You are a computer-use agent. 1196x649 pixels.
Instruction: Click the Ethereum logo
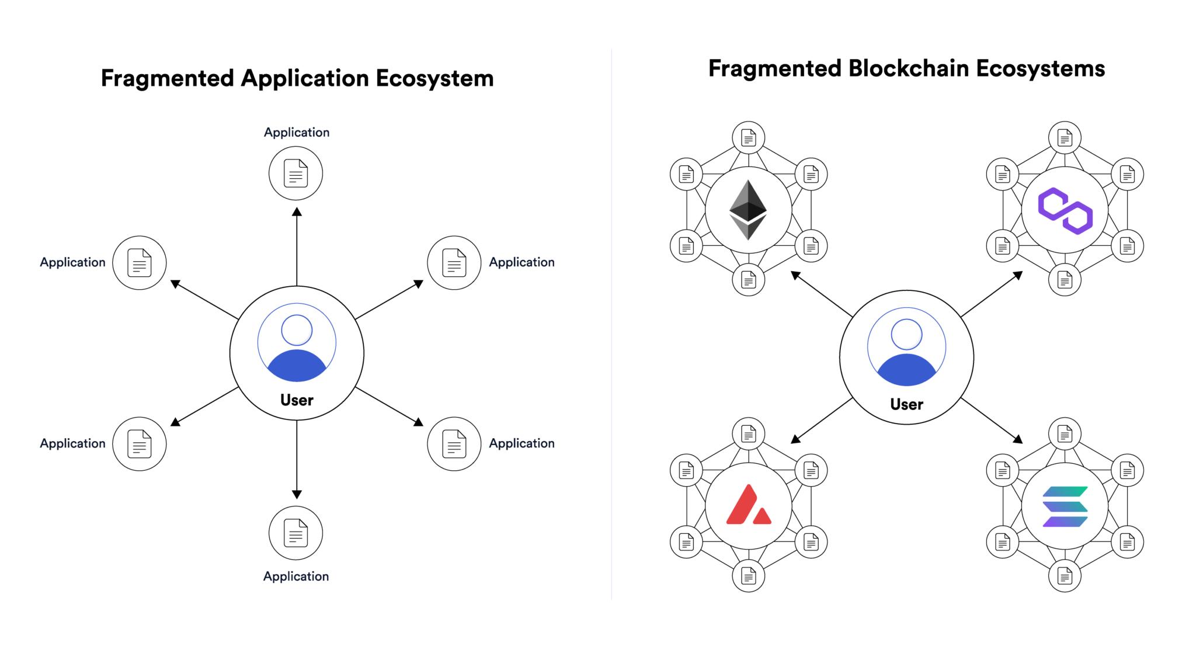point(748,210)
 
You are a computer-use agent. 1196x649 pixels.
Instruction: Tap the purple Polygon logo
point(1065,210)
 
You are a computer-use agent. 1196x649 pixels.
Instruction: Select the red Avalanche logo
point(748,505)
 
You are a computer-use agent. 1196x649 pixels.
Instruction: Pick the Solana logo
point(1065,506)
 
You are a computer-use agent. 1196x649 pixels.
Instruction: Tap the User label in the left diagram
point(297,400)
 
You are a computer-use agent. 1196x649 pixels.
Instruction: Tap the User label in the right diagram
point(906,404)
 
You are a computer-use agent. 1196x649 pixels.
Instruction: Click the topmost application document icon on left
point(295,173)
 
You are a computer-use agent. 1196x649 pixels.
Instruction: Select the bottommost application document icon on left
point(295,533)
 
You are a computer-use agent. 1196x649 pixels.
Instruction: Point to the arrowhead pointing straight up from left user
point(297,211)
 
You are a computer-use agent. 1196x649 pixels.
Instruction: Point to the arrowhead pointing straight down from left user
point(297,494)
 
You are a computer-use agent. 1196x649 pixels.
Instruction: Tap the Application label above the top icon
point(297,133)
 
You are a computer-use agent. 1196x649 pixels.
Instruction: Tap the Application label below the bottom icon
point(296,577)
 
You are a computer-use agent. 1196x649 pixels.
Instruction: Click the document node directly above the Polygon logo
point(1065,138)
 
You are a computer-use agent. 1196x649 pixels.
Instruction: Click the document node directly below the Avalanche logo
point(748,576)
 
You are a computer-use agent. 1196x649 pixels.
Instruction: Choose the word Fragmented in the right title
point(774,68)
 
